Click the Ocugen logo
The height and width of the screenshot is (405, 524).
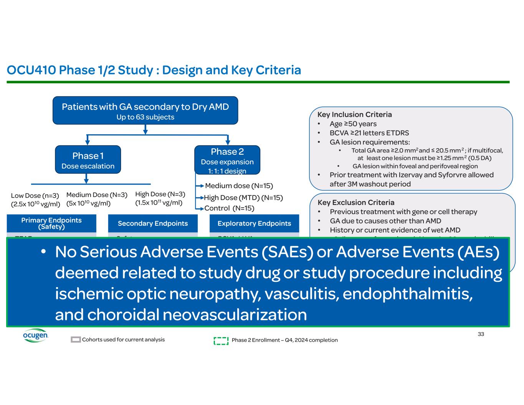coord(35,336)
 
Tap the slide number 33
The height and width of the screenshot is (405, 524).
coord(481,334)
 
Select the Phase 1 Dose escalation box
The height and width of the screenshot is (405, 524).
coord(88,160)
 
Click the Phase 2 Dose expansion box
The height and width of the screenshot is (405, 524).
coord(227,160)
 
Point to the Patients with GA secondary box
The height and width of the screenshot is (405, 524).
coord(145,111)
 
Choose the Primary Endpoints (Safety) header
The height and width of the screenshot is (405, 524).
coord(51,223)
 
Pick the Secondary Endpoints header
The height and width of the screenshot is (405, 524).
coord(153,223)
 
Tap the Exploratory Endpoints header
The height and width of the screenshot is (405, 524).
coord(254,223)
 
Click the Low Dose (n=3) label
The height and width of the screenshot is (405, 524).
coord(35,196)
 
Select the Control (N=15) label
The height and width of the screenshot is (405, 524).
coord(229,208)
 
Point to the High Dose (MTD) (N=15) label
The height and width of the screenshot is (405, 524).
coord(243,198)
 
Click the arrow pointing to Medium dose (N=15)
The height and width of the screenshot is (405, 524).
coord(200,186)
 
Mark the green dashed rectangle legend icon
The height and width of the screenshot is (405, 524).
coord(221,341)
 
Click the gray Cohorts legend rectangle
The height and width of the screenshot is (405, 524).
coord(76,340)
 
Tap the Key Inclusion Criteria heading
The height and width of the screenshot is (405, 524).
coord(354,114)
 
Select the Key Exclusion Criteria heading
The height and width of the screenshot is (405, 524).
coord(356,202)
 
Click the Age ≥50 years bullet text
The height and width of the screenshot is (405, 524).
coord(353,124)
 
